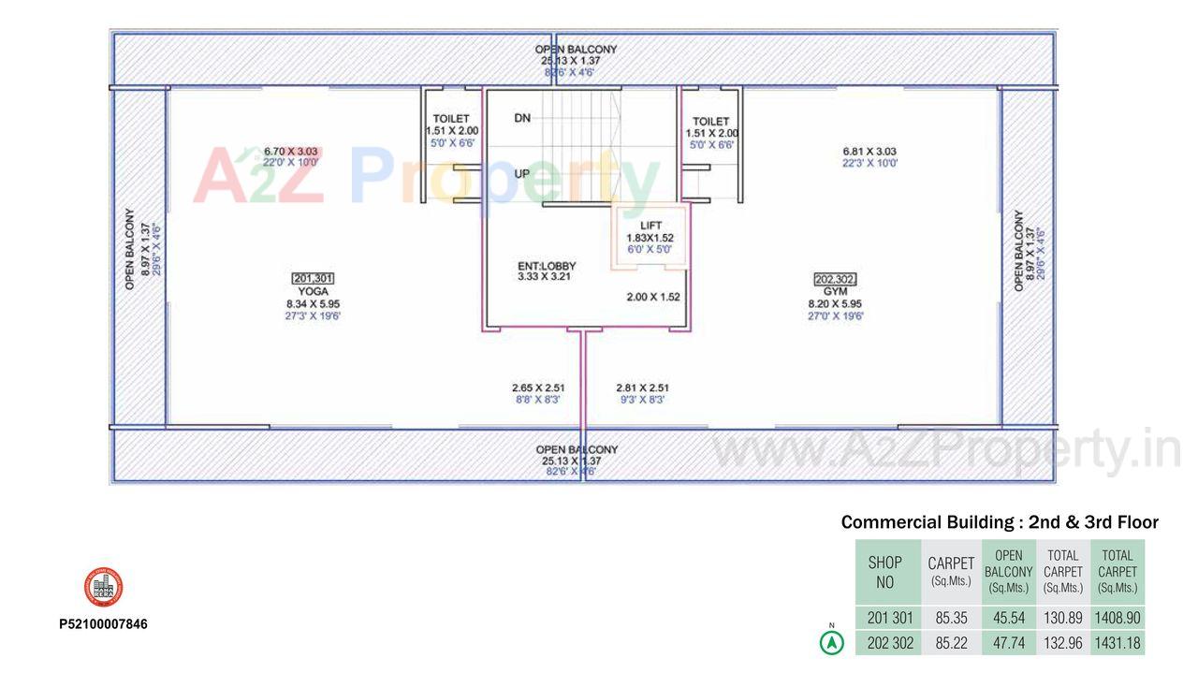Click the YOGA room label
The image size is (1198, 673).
313,291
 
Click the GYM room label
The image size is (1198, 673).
835,291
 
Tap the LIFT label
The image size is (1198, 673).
650,226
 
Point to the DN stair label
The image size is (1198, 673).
523,118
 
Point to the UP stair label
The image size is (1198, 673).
523,174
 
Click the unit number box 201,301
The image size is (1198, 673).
313,278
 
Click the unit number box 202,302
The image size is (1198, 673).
835,279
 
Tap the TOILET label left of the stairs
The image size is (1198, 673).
451,119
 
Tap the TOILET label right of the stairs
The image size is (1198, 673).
710,122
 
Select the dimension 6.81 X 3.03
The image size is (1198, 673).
869,151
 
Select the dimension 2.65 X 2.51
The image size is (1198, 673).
538,388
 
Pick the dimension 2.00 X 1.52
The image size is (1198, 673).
653,297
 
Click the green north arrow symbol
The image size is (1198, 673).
831,643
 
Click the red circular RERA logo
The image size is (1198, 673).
103,587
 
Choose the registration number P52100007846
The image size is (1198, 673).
103,624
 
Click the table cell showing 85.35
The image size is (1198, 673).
951,618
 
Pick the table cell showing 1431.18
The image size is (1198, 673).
1118,643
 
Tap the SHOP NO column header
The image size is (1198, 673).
885,572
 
